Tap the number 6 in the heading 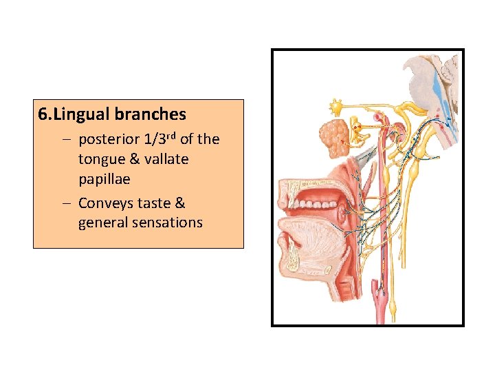43,114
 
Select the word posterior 108,140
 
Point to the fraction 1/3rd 158,139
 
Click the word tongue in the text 100,159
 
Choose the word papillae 104,178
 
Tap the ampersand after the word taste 180,203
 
